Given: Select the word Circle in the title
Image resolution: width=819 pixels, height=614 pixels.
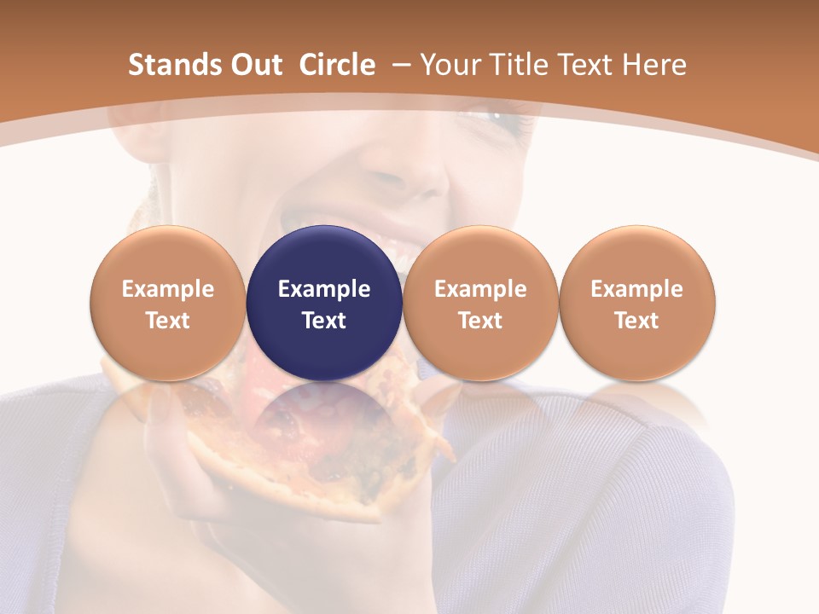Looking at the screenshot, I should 337,65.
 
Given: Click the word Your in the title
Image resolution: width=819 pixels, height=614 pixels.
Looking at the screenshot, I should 447,65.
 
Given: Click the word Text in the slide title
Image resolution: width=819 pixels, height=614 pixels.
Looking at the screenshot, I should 579,65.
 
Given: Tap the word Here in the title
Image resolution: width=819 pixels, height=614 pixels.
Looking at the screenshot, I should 653,65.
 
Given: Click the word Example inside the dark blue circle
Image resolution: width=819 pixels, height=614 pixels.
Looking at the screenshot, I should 324,289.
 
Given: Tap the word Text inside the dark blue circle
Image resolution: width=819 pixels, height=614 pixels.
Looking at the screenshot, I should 324,321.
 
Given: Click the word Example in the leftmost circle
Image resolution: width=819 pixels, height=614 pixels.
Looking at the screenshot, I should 168,289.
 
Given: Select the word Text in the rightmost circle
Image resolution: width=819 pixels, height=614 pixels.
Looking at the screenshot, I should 636,321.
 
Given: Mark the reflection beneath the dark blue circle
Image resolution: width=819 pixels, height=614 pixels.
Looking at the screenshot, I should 324,418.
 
